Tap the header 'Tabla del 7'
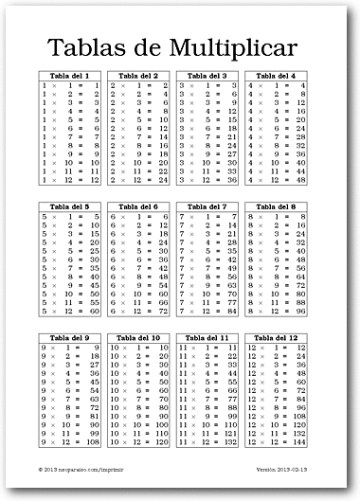tap(207, 206)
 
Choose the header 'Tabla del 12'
tap(276, 337)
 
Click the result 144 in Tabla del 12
tap(297, 442)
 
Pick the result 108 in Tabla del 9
tap(93, 442)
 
